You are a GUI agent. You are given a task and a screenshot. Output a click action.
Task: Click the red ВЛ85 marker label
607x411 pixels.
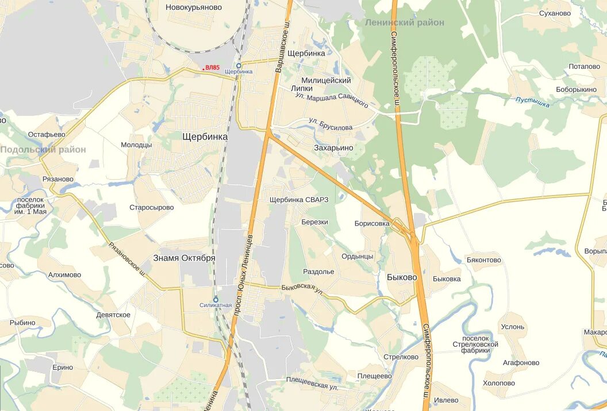(x=212, y=68)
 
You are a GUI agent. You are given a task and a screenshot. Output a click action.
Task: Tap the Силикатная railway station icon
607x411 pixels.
(x=216, y=299)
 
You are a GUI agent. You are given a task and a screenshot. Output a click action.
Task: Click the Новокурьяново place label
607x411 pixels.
(x=194, y=7)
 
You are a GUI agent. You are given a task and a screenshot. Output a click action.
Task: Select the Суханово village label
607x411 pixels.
(x=555, y=13)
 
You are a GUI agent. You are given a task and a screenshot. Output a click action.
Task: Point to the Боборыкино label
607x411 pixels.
(x=576, y=90)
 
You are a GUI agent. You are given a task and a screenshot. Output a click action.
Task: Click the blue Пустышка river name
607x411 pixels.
(x=532, y=102)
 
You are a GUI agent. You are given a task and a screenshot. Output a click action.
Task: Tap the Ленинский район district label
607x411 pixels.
(x=405, y=22)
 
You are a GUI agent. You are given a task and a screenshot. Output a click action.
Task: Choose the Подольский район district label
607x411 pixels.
(x=43, y=149)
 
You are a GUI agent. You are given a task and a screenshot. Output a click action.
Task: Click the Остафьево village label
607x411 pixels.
(x=47, y=134)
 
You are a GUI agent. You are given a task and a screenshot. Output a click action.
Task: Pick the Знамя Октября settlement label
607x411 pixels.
(x=184, y=258)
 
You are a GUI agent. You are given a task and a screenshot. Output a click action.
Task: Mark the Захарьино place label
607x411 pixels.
(x=333, y=148)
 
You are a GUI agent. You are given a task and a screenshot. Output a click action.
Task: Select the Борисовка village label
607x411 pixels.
(x=372, y=223)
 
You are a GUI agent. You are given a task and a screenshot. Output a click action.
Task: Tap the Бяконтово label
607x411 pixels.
(x=484, y=260)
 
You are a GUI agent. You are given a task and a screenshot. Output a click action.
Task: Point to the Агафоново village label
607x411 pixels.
(x=521, y=363)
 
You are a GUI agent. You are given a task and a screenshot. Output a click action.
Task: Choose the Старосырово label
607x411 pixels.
(x=152, y=207)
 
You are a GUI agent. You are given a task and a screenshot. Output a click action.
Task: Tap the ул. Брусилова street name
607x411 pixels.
(x=331, y=124)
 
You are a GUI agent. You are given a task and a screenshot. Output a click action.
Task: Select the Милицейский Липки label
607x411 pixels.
(x=326, y=84)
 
